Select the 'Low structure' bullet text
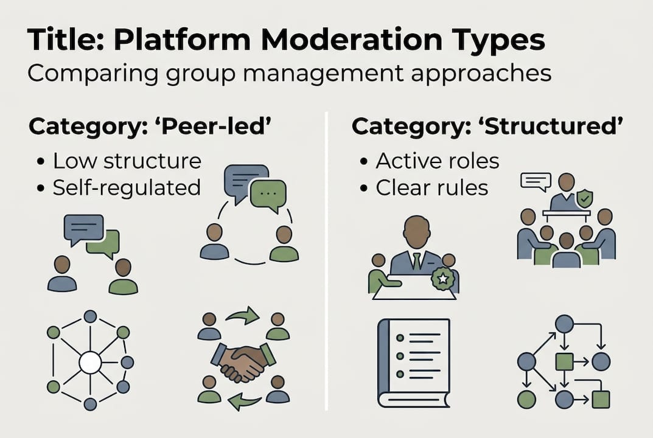pos(127,161)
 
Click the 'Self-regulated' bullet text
pos(127,187)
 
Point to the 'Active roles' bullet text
pos(437,161)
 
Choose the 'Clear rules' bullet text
pos(431,187)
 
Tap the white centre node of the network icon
pos(90,363)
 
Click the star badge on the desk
pos(442,279)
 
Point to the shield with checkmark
pos(585,198)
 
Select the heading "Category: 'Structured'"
pos(487,127)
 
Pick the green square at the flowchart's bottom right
pos(601,399)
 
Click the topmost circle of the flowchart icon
pos(564,324)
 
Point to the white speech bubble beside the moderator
pos(536,181)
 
